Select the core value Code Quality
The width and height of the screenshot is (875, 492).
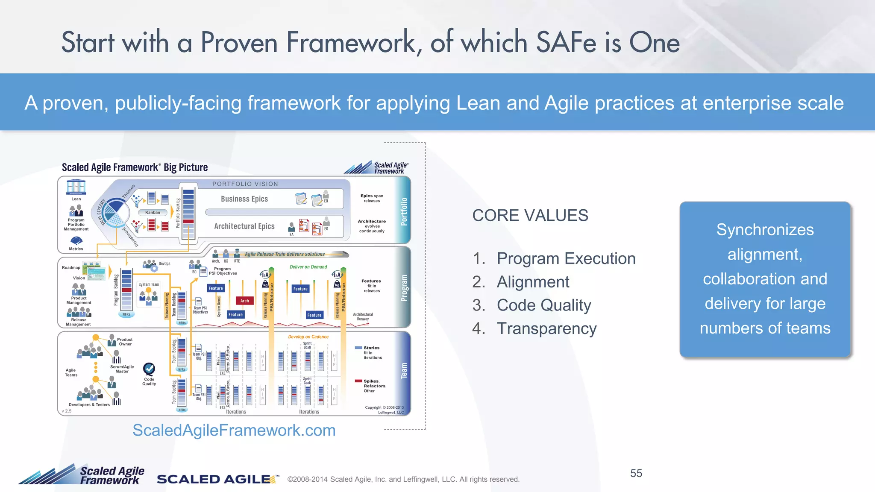tap(543, 305)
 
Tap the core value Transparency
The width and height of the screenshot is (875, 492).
tap(546, 328)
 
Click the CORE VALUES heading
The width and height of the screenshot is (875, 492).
tap(530, 216)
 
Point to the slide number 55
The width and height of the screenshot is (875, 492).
tap(636, 473)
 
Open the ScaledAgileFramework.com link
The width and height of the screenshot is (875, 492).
tap(234, 430)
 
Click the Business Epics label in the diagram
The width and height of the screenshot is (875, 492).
tap(244, 199)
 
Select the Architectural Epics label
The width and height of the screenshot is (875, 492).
tap(244, 226)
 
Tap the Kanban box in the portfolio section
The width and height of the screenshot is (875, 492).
tap(153, 212)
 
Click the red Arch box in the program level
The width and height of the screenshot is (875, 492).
tap(244, 301)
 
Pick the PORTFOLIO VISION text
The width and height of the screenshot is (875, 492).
tap(245, 184)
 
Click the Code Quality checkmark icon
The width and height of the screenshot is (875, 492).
tap(149, 369)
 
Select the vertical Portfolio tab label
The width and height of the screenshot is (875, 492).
tap(404, 211)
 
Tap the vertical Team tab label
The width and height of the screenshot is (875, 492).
tap(404, 371)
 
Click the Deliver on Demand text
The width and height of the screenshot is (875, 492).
tap(308, 267)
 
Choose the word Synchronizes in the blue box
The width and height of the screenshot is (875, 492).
tap(765, 230)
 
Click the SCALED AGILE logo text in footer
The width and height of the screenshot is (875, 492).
tap(214, 479)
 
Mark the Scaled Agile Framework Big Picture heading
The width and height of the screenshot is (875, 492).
tap(135, 167)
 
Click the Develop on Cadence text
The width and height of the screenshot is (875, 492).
tap(308, 337)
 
